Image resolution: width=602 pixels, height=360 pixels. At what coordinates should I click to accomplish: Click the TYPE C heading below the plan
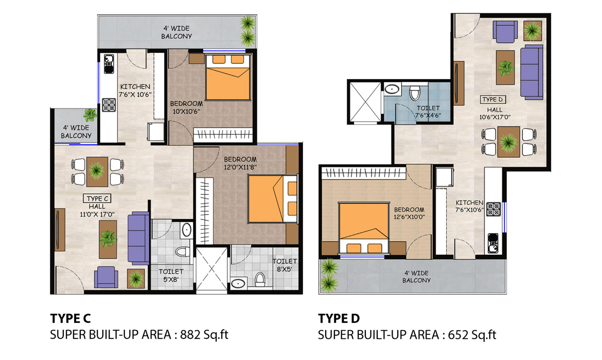[70, 318]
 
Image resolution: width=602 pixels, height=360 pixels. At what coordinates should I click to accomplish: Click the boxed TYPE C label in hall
[98, 199]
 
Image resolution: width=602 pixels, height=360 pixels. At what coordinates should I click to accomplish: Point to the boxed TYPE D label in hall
[492, 99]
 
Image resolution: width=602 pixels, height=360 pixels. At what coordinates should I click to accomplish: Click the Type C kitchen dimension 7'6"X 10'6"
[135, 95]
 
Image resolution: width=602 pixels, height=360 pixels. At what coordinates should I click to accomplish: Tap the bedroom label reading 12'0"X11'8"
[240, 167]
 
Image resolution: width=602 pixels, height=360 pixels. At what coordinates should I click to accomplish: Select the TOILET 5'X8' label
[171, 275]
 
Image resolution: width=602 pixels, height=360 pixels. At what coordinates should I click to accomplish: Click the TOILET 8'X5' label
[285, 265]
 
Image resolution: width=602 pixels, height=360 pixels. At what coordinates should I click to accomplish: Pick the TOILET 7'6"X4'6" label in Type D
[428, 112]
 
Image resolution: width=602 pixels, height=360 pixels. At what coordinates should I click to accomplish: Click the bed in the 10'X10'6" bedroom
[228, 78]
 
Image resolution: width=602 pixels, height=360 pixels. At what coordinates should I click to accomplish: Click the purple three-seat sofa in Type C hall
[138, 238]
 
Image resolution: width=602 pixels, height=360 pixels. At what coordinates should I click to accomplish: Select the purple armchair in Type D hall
[505, 31]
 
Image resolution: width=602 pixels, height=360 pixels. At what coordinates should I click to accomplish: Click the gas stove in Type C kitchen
[109, 105]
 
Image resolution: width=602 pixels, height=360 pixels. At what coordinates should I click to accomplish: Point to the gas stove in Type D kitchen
[493, 209]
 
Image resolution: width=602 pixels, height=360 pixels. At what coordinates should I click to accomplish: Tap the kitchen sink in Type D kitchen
[493, 243]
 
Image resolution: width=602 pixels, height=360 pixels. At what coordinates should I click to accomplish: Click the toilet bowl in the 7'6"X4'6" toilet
[415, 93]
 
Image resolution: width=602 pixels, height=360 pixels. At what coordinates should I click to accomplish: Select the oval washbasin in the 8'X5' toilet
[238, 283]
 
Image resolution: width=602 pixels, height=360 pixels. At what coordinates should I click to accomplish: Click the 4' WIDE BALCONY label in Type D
[417, 277]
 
